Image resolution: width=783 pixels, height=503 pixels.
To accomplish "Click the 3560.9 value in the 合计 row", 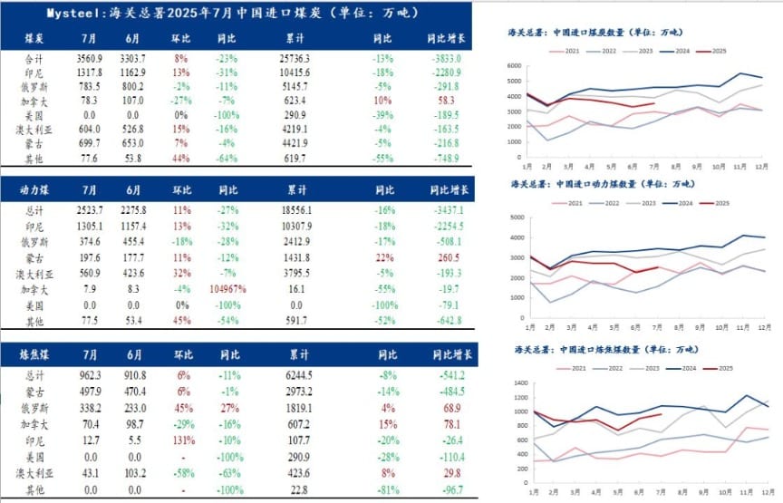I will tap(89, 57).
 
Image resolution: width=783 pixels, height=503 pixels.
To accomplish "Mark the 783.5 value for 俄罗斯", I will tap(89, 87).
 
